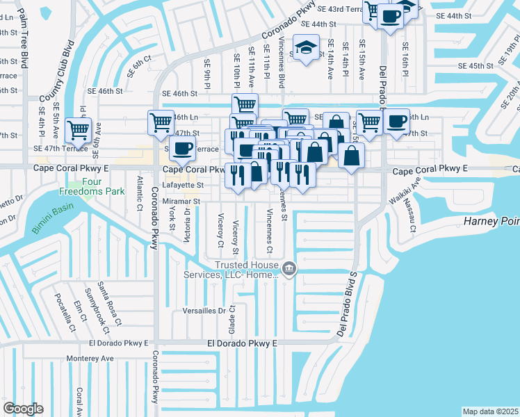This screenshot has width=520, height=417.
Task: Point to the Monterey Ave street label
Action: [90, 358]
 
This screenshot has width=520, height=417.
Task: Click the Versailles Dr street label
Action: [204, 311]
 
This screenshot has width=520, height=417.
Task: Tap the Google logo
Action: [23, 408]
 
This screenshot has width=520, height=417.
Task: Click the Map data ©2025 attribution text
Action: [490, 411]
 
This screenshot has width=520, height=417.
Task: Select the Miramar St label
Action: [181, 202]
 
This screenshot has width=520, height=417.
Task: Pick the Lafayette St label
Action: [183, 186]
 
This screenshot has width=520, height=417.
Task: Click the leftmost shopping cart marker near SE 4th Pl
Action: [78, 129]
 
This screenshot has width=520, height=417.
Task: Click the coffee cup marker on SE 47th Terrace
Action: [182, 148]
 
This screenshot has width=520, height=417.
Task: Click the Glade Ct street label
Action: [233, 318]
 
